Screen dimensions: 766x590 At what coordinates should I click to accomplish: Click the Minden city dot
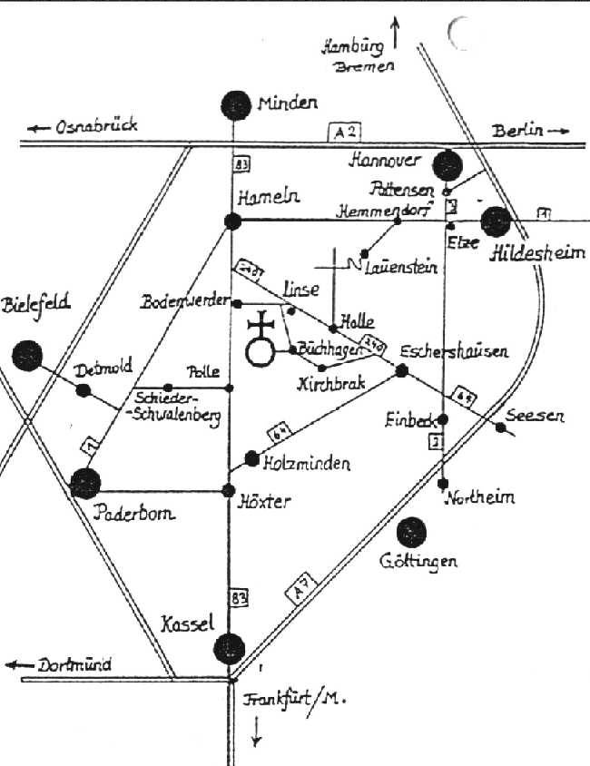click(x=236, y=105)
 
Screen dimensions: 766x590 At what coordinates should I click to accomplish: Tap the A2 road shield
click(x=340, y=133)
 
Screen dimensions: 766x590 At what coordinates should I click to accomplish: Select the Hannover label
click(x=386, y=161)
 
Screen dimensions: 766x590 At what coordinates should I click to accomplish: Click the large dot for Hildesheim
click(x=497, y=221)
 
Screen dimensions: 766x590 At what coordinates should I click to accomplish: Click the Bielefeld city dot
click(x=28, y=354)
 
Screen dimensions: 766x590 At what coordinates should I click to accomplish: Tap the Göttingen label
click(x=418, y=562)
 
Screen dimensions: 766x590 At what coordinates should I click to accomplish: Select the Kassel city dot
click(x=228, y=648)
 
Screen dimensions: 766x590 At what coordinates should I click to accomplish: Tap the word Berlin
click(x=519, y=131)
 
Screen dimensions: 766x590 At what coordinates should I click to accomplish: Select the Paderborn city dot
click(x=86, y=484)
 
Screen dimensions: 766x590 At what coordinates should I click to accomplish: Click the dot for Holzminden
click(x=252, y=459)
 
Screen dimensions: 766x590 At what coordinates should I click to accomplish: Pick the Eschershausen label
click(x=467, y=350)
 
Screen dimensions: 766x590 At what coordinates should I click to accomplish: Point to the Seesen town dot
click(x=501, y=427)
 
